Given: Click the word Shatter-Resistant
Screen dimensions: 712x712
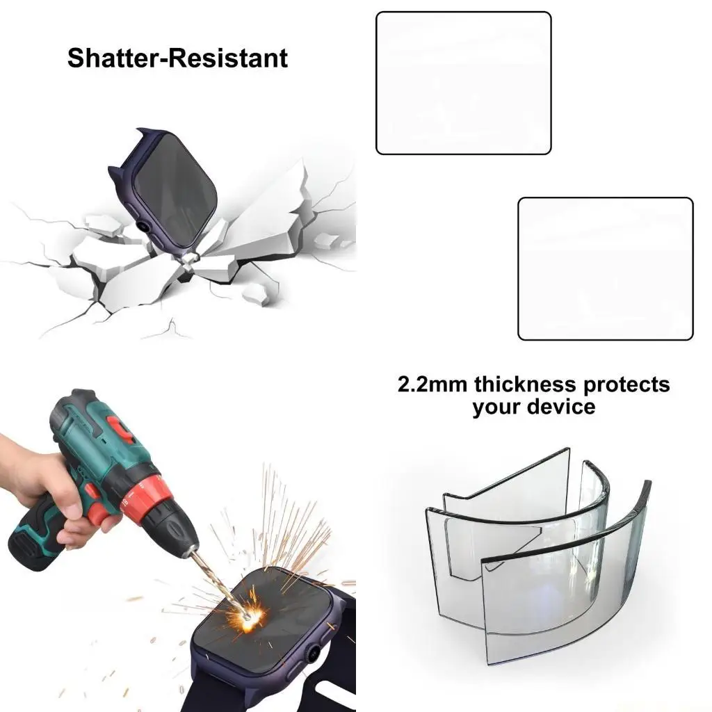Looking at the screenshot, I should (x=177, y=58).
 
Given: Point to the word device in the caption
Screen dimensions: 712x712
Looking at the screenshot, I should (x=561, y=406).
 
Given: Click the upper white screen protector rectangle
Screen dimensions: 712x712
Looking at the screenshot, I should (x=463, y=83).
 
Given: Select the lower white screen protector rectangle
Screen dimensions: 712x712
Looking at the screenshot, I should (x=605, y=268).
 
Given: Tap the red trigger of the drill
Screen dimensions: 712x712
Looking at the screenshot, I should (x=97, y=513).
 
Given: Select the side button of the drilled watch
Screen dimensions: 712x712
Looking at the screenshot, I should (x=314, y=654).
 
